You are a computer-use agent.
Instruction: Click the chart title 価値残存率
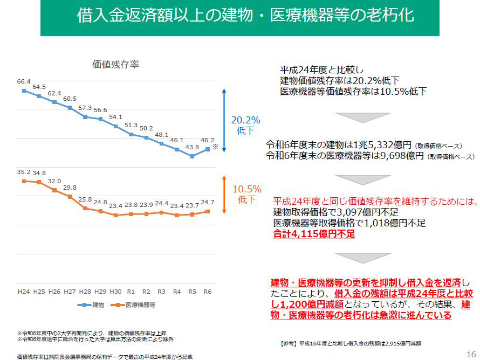(x=116, y=64)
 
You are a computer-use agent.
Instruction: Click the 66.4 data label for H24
(x=24, y=81)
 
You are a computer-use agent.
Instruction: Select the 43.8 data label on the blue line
(x=192, y=147)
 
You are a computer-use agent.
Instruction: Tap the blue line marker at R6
(x=208, y=150)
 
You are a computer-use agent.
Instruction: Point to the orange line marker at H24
(x=24, y=181)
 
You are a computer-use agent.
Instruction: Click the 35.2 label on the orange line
(x=24, y=172)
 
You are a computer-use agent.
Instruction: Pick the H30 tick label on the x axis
(x=115, y=292)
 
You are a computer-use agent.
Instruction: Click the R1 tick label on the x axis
(x=131, y=292)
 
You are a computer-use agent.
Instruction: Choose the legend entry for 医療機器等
(x=134, y=305)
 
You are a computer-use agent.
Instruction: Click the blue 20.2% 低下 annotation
(x=246, y=124)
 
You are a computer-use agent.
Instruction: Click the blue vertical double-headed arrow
(x=224, y=121)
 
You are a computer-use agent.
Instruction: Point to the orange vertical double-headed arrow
(x=224, y=194)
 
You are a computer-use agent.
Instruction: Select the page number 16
(x=470, y=354)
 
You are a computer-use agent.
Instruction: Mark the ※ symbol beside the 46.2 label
(x=215, y=147)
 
